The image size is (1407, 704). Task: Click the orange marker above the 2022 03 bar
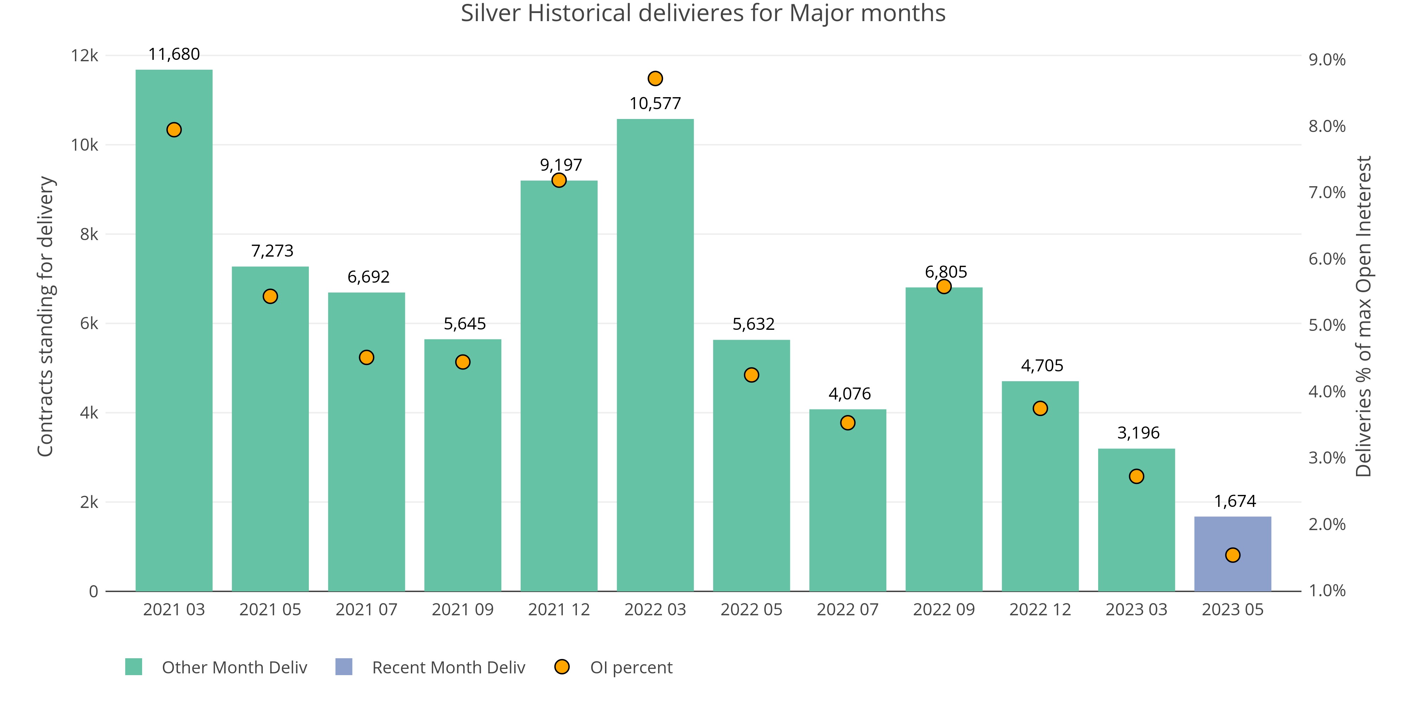coord(655,79)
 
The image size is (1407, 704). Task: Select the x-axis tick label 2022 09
coord(943,609)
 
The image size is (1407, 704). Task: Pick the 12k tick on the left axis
coord(85,56)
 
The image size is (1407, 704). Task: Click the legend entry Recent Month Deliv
coord(448,667)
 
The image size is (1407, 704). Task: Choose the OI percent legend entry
coord(631,667)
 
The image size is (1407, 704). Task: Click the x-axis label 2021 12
coord(559,609)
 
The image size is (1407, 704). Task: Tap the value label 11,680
coord(174,54)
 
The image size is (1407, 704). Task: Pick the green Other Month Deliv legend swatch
coord(134,667)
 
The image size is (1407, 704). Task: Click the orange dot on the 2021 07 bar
coord(367,358)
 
